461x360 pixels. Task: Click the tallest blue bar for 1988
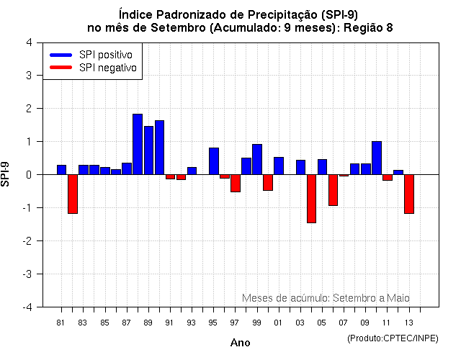click(x=138, y=144)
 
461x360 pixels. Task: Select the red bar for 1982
click(x=73, y=194)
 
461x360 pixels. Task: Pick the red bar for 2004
click(x=311, y=199)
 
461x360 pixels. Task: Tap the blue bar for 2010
click(x=377, y=158)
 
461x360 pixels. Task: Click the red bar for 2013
click(x=409, y=194)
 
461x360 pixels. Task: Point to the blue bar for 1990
click(x=159, y=147)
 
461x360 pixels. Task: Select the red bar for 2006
click(x=333, y=190)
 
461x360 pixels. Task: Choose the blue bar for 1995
click(x=214, y=161)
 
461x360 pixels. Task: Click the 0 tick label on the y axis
click(x=28, y=174)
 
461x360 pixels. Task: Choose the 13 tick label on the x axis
click(x=409, y=322)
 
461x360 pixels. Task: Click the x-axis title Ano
click(x=241, y=343)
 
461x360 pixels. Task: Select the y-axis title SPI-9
click(x=7, y=174)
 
